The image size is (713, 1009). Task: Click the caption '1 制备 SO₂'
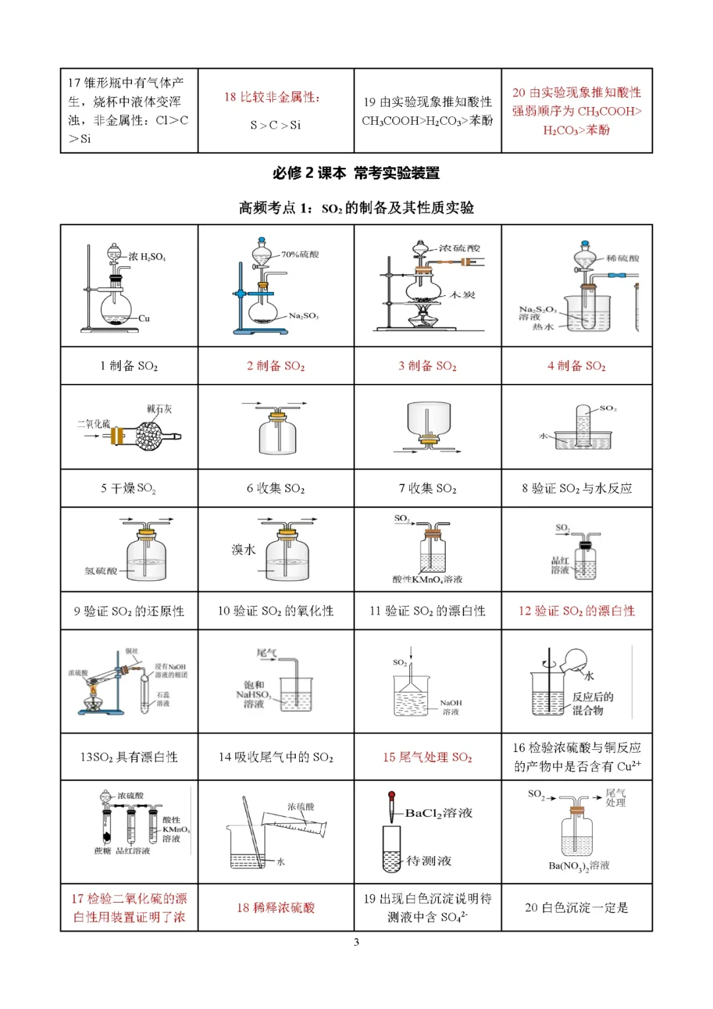coord(129,365)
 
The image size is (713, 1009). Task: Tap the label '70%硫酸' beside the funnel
coord(300,254)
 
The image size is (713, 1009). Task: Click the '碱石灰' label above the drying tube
coord(159,409)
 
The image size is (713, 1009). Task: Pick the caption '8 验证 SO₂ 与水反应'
coord(576,488)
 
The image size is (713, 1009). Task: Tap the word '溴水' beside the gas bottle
coord(243,550)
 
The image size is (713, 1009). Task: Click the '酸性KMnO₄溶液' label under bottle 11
coord(427,579)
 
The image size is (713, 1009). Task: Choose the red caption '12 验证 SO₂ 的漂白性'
coord(576,611)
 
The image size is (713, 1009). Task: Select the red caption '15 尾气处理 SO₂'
coord(427,757)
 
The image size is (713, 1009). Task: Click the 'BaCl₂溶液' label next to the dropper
coord(439,813)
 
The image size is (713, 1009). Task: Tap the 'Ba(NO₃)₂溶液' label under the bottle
coord(579,866)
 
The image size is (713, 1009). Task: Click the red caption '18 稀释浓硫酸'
coord(275,908)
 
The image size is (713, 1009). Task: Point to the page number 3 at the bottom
coord(356,942)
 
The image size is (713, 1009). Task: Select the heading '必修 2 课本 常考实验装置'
coord(356,173)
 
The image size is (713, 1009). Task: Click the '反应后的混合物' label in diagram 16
coord(592,704)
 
